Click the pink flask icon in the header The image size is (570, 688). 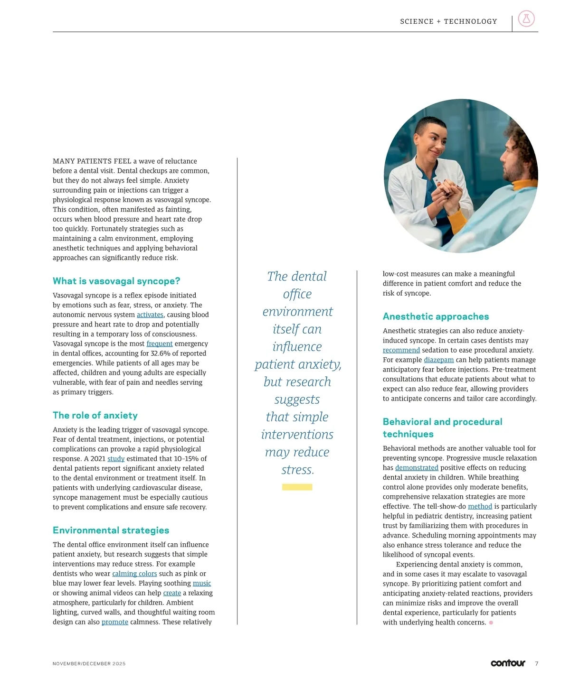(x=526, y=19)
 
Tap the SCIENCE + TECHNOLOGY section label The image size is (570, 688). (x=448, y=21)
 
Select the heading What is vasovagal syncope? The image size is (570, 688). (x=116, y=281)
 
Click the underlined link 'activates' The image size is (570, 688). (x=150, y=315)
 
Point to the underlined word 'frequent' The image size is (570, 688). (x=160, y=344)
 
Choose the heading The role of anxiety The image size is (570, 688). (x=95, y=415)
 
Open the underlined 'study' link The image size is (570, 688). (x=116, y=459)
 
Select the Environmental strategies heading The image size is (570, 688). (x=111, y=530)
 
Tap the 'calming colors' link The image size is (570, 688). (x=134, y=574)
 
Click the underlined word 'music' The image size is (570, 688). (x=202, y=583)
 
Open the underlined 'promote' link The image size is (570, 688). (x=115, y=622)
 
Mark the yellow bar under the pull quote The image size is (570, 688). (x=297, y=487)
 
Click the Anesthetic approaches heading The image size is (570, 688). (x=436, y=316)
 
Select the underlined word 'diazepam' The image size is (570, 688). (x=438, y=360)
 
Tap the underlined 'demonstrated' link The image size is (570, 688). (x=417, y=468)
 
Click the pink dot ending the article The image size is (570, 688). (x=491, y=623)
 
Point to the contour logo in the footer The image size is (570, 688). (x=508, y=663)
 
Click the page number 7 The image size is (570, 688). (x=537, y=664)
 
